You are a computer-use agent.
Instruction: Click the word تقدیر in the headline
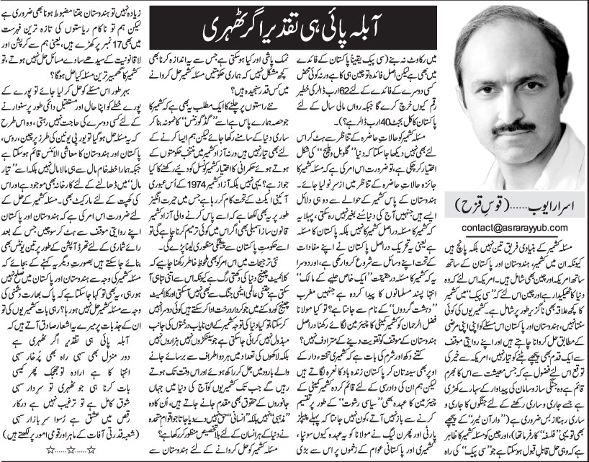point(269,31)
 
